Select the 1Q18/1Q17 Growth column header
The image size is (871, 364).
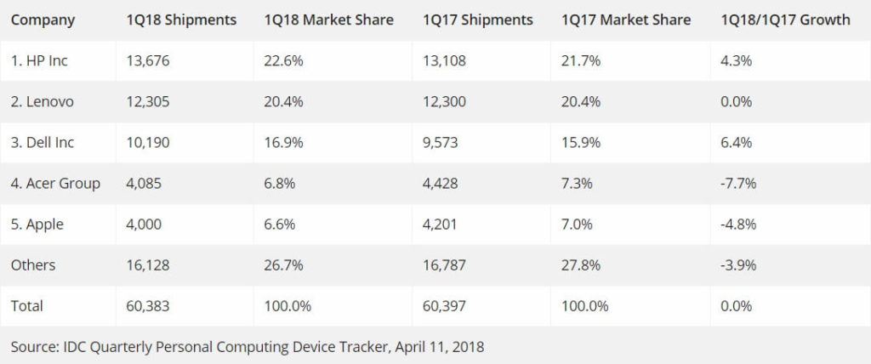click(784, 20)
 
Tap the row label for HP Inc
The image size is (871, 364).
click(40, 60)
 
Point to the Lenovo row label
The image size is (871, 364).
click(43, 101)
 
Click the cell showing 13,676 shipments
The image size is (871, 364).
click(150, 60)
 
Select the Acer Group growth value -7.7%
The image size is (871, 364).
click(738, 183)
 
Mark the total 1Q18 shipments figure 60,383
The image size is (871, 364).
click(150, 305)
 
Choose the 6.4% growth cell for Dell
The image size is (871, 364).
click(736, 142)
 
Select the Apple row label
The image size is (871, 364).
click(37, 224)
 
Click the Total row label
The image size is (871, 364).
click(27, 305)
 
